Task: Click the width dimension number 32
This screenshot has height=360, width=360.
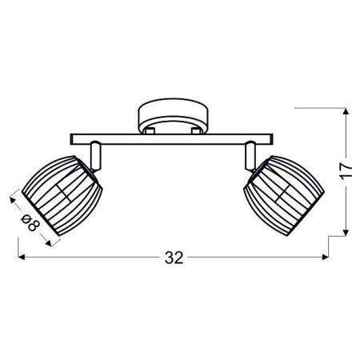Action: [174, 257]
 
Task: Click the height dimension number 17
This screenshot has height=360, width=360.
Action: [346, 171]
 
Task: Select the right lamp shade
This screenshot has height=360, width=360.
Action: [283, 193]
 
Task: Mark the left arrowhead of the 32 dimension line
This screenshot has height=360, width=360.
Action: [19, 258]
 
